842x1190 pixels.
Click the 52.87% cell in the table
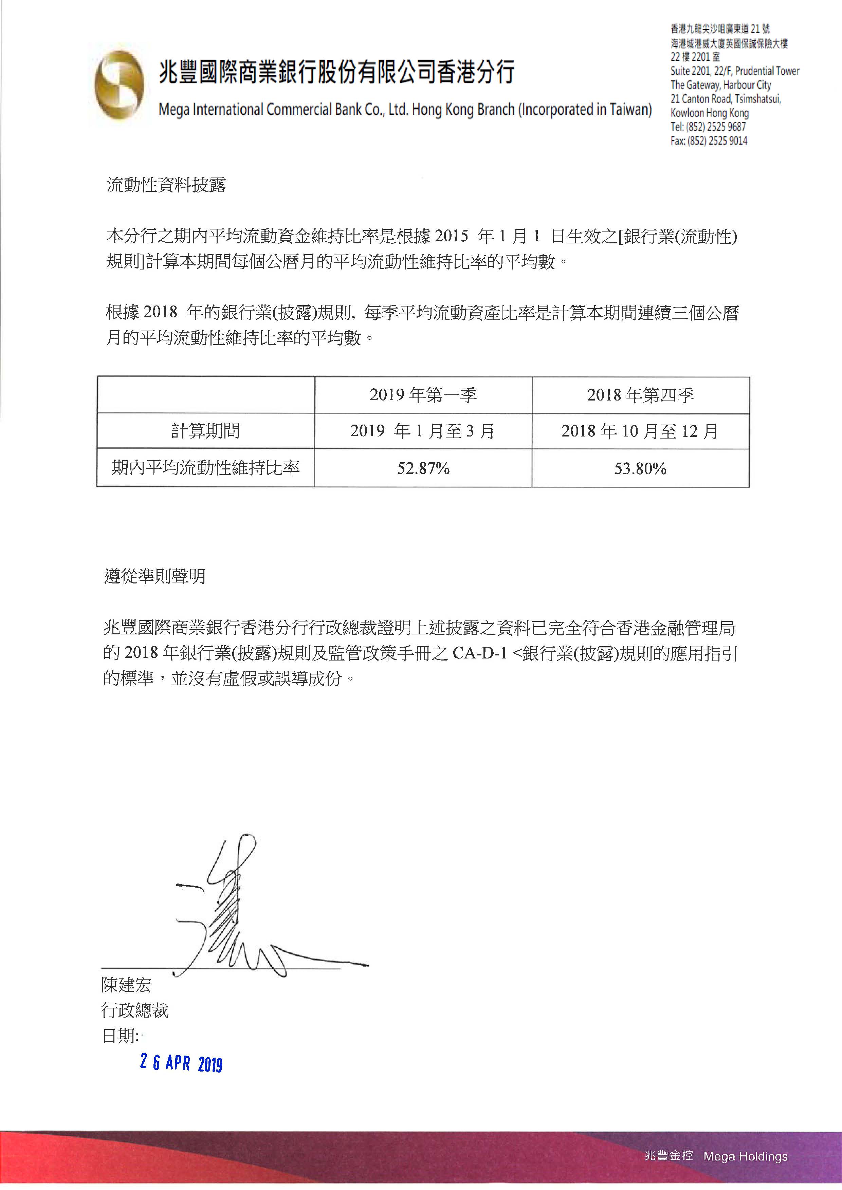pyautogui.click(x=423, y=468)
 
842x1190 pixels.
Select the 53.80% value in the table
pyautogui.click(x=640, y=468)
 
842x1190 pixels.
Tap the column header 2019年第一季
pyautogui.click(x=423, y=395)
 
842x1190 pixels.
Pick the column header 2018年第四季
pyautogui.click(x=640, y=395)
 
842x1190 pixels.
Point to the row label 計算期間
pyautogui.click(x=205, y=431)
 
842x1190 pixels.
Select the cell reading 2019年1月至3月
pyautogui.click(x=423, y=431)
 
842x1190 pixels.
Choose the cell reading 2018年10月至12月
pyautogui.click(x=640, y=431)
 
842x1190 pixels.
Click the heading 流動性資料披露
pyautogui.click(x=166, y=185)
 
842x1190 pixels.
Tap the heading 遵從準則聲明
pyautogui.click(x=155, y=576)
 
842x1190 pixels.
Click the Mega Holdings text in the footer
pyautogui.click(x=745, y=1156)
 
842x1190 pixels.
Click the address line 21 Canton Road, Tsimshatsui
pyautogui.click(x=725, y=98)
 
